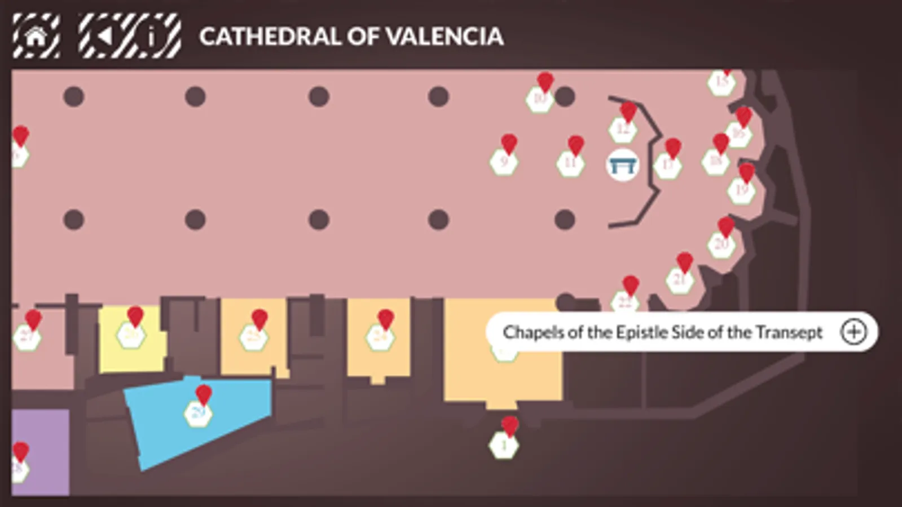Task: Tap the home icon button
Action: (36, 37)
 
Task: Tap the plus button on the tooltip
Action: (853, 332)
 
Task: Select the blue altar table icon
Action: (622, 166)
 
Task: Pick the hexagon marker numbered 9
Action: (504, 162)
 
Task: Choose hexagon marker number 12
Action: (623, 130)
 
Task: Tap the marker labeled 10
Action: (540, 99)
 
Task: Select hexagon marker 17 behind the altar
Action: (668, 166)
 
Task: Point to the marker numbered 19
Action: (741, 190)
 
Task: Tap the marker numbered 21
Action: (680, 280)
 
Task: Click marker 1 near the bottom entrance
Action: (504, 446)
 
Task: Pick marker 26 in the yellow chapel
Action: (131, 336)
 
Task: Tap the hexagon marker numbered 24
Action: (380, 337)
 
